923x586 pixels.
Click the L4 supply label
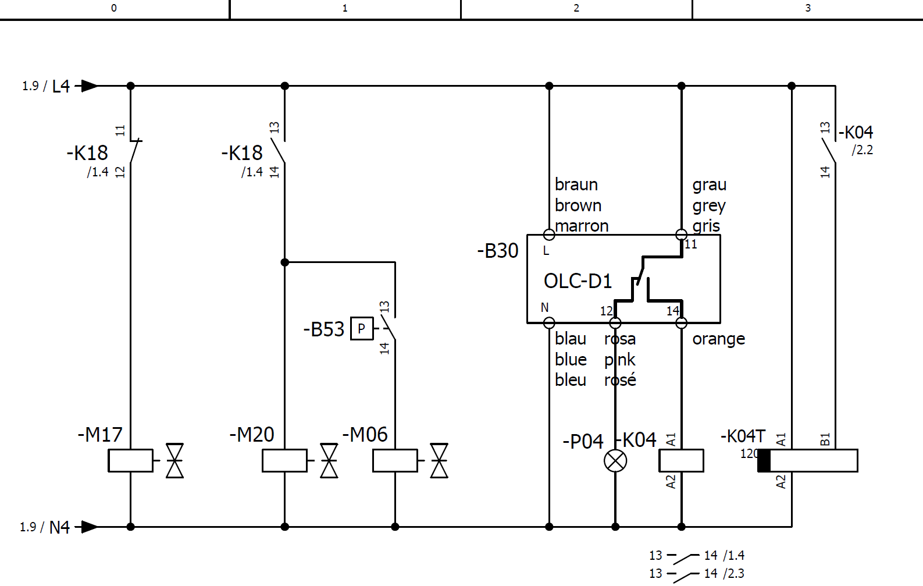tap(60, 86)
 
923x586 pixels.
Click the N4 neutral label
tap(59, 527)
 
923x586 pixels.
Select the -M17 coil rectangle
tap(130, 461)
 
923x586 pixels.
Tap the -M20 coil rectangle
tap(284, 461)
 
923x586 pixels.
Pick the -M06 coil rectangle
tap(395, 461)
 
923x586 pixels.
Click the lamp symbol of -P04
tap(615, 461)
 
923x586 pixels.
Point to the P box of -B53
tap(361, 329)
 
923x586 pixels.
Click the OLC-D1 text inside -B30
tap(578, 281)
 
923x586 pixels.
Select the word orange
tap(718, 339)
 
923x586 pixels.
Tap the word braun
tap(576, 184)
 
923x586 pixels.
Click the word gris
tap(706, 226)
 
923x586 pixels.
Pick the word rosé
tap(620, 380)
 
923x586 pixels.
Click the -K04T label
tap(743, 436)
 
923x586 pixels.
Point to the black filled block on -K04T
tap(764, 461)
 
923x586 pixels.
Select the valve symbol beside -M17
tap(174, 461)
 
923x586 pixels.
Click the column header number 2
tap(576, 8)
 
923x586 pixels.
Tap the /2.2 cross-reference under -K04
tap(863, 150)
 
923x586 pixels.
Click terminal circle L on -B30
tap(549, 235)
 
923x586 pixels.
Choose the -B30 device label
tap(498, 251)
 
